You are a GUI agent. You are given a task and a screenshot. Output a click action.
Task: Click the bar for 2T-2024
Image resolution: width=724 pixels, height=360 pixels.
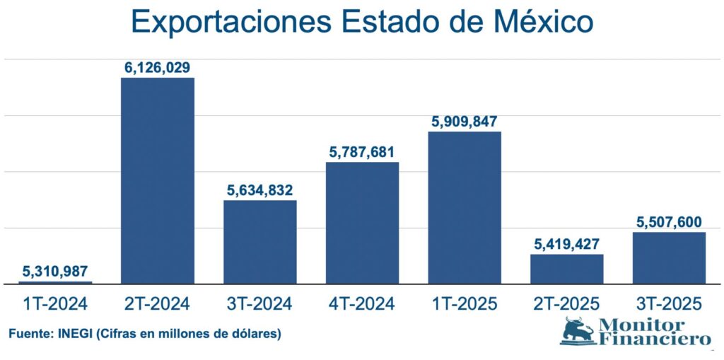158,180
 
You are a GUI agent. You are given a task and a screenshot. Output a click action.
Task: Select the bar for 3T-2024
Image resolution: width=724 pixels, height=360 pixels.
260,242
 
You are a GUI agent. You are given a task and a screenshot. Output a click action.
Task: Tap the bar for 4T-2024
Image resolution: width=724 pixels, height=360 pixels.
362,223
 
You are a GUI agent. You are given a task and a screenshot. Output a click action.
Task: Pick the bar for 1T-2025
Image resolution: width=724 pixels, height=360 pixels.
465,207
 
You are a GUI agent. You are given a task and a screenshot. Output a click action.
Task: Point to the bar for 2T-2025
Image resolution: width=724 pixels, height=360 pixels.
567,269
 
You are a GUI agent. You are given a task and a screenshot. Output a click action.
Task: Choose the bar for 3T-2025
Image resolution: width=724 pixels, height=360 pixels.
669,258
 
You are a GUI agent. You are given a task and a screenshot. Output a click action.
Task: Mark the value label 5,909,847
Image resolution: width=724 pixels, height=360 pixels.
465,121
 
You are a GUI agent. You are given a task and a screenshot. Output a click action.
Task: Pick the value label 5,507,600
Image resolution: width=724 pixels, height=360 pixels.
669,222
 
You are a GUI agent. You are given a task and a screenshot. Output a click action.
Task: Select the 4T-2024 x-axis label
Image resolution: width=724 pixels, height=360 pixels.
362,303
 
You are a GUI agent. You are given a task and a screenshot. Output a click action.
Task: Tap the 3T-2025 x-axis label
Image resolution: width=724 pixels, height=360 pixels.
669,303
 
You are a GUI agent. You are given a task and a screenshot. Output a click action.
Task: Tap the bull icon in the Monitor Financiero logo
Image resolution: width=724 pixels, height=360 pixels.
578,330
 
